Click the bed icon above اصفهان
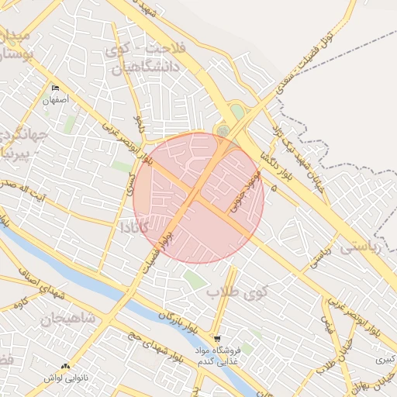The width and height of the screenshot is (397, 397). click(55, 88)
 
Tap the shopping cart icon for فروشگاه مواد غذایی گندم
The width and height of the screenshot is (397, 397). click(218, 338)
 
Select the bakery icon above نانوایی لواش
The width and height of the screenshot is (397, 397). click(65, 365)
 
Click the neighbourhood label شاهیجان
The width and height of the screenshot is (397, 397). click(67, 318)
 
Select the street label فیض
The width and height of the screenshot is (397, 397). click(328, 326)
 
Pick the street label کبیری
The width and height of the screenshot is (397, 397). click(385, 359)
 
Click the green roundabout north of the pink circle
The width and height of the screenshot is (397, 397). click(223, 130)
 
